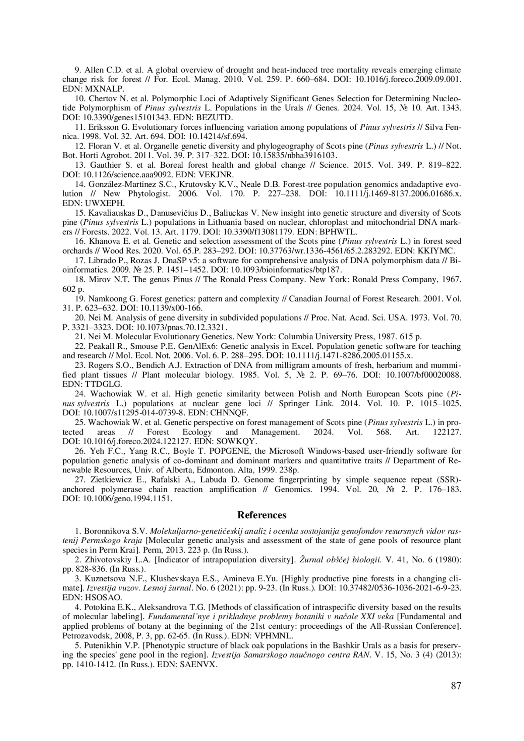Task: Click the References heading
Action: (262, 515)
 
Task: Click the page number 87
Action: (456, 686)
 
